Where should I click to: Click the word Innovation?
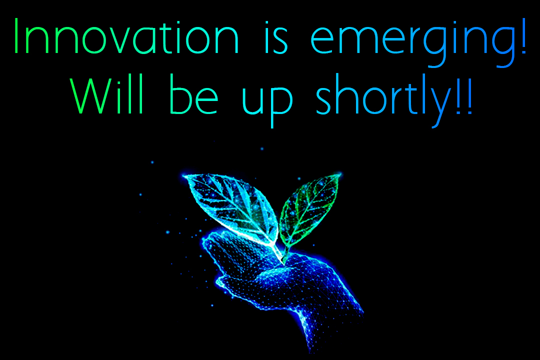click(126, 36)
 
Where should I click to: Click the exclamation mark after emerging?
click(523, 36)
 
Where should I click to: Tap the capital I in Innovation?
click(16, 36)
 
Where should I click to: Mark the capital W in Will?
click(91, 96)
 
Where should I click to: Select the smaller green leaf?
click(308, 210)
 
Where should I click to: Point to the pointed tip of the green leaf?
click(340, 174)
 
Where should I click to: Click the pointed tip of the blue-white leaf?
click(184, 176)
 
